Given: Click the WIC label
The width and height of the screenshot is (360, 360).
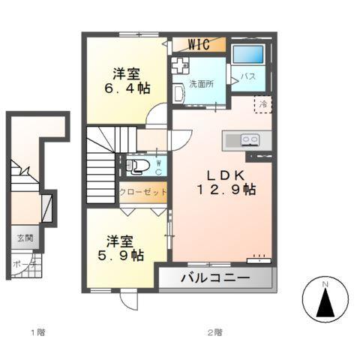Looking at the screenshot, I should click(x=199, y=44).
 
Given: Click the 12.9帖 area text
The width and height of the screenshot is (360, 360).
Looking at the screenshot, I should click(x=226, y=190).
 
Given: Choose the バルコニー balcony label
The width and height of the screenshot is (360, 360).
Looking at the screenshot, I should click(x=214, y=279).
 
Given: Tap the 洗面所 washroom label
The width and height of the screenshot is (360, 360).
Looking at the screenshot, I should click(x=201, y=83).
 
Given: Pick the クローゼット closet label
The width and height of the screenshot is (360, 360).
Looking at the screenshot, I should click(x=142, y=192).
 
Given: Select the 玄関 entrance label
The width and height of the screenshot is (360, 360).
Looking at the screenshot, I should click(x=25, y=238).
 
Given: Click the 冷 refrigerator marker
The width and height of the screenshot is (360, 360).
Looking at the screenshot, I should click(x=263, y=105).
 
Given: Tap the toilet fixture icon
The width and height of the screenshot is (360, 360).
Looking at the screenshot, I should click(x=139, y=166).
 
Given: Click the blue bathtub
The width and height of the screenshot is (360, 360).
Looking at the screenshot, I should click(x=247, y=55).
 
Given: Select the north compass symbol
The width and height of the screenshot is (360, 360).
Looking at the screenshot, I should click(x=325, y=301).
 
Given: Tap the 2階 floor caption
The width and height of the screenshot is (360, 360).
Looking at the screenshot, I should click(x=215, y=331).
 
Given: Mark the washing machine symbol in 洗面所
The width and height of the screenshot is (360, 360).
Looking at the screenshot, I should click(x=181, y=65).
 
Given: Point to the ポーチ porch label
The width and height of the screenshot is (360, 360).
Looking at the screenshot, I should click(x=22, y=264).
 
